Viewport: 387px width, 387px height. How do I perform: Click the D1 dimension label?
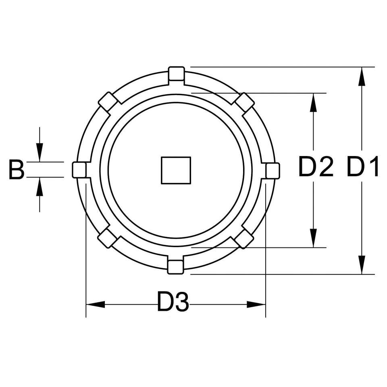pos(362,166)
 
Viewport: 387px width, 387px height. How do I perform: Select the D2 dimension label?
pos(316,166)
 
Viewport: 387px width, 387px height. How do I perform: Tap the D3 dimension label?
pos(173,302)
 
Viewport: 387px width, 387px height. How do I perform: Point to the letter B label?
pos(17,170)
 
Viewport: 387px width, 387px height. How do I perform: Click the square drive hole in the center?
pos(176,170)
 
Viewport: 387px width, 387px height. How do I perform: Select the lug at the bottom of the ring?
pos(175,267)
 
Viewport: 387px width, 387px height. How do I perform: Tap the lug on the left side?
pos(79,170)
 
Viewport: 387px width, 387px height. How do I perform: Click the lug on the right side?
pos(273,170)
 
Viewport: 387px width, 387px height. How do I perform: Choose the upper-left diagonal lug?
pos(108,102)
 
